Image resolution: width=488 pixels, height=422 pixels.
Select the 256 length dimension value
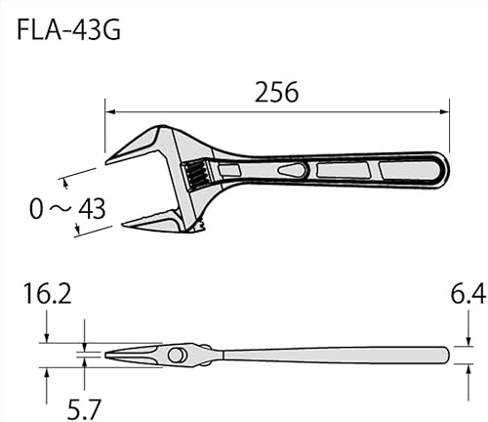(276, 92)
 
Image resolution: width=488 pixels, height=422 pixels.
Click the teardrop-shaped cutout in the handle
(291, 171)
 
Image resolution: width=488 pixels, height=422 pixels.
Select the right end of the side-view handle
(447, 353)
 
